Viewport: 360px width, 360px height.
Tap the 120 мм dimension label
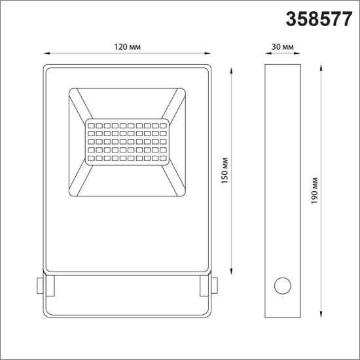pyautogui.click(x=127, y=47)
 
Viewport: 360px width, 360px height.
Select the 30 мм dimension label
pyautogui.click(x=283, y=47)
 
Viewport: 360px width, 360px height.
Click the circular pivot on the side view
pyautogui.click(x=283, y=285)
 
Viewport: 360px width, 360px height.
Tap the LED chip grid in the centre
pyautogui.click(x=127, y=140)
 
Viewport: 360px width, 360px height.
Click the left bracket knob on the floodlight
pyautogui.click(x=41, y=285)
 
